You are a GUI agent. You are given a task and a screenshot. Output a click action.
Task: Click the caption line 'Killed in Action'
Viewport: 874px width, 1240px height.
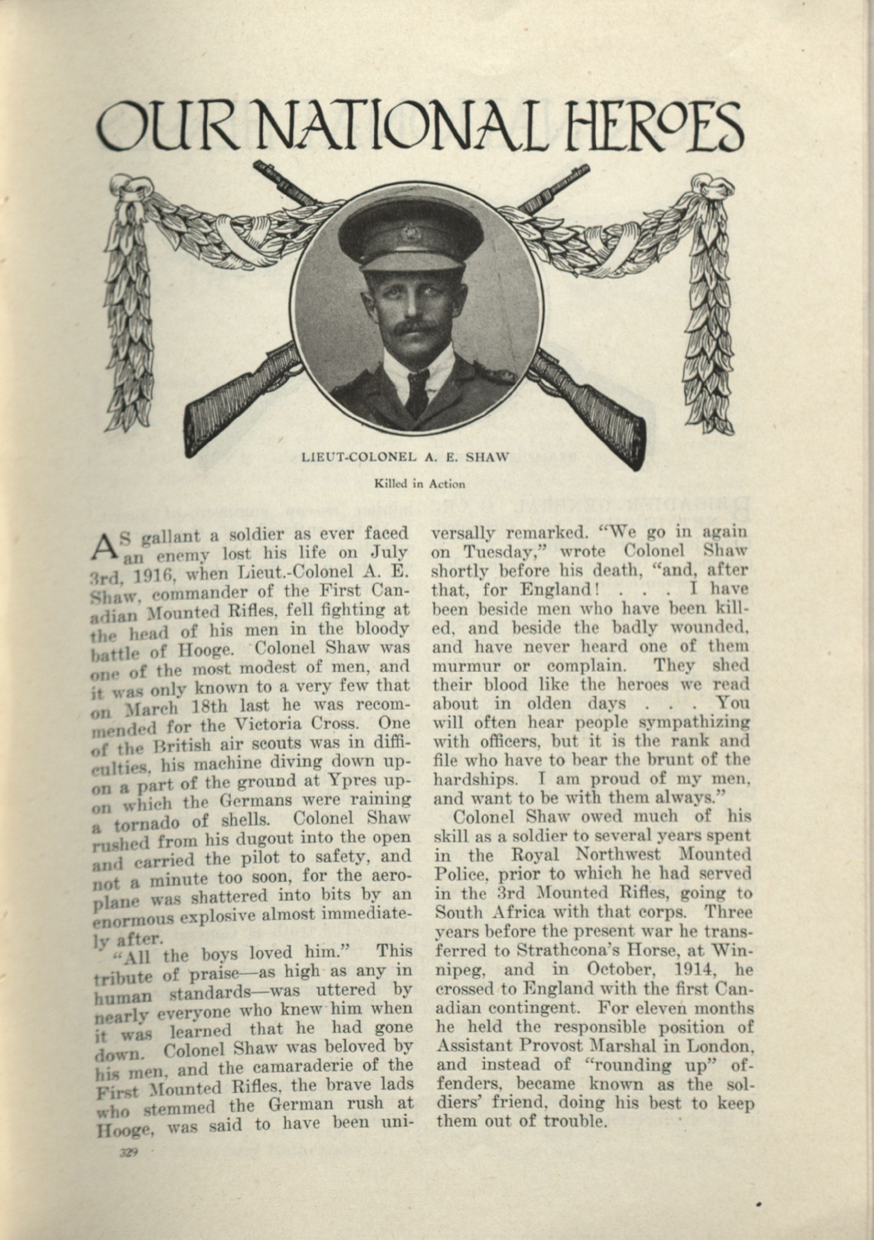420,484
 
